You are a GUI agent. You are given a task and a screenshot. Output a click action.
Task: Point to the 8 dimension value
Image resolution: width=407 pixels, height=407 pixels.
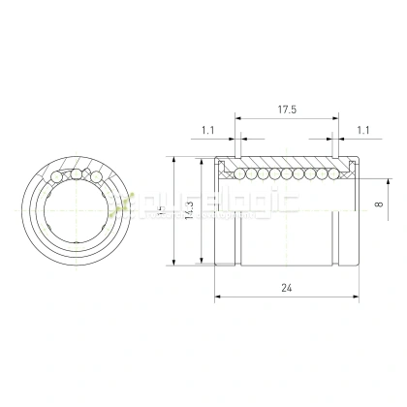pyautogui.click(x=380, y=203)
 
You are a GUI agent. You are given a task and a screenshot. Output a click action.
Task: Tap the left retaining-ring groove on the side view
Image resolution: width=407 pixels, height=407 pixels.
pyautogui.click(x=235, y=159)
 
